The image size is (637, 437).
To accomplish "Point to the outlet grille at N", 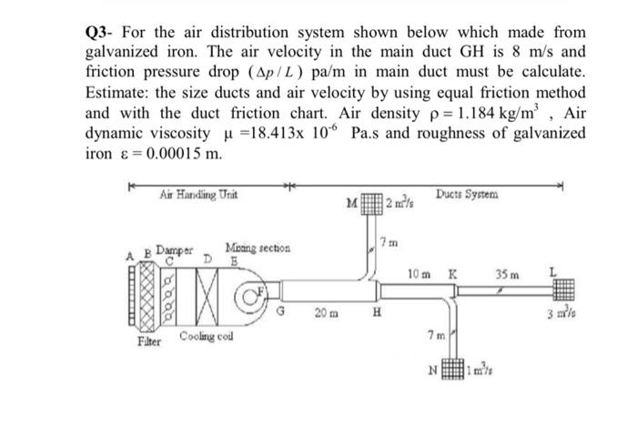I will (x=451, y=372).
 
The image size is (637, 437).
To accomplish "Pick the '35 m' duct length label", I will (x=507, y=272).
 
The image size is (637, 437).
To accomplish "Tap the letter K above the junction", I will (x=452, y=272).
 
